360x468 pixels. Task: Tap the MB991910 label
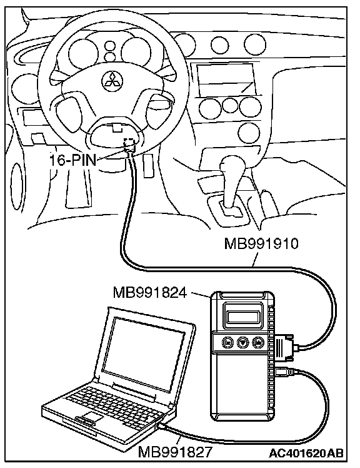[x=261, y=243]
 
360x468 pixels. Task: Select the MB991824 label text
[x=150, y=293]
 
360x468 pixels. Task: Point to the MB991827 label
[x=174, y=452]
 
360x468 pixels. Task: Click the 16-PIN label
[x=72, y=160]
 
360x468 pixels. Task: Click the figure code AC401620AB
[x=307, y=453]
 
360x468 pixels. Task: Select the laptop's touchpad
[x=91, y=417]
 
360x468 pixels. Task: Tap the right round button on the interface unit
[x=258, y=343]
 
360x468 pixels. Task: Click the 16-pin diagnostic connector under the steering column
[x=129, y=145]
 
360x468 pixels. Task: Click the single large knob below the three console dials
[x=249, y=133]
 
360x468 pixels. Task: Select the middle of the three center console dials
[x=230, y=105]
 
